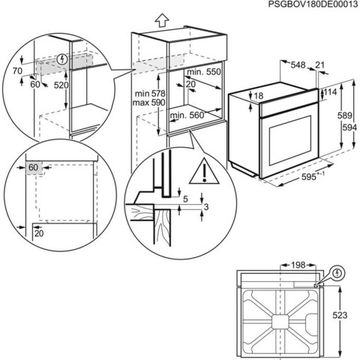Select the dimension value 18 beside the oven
click(258, 96)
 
